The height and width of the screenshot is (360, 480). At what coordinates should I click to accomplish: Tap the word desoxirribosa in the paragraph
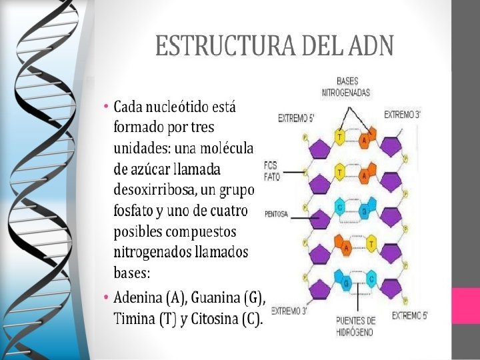point(154,190)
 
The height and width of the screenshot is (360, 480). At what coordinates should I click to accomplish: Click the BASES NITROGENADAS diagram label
point(346,87)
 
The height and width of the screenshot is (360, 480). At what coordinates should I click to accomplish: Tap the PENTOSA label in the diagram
point(276,214)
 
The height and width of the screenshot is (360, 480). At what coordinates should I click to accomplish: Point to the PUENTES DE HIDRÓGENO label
point(355,326)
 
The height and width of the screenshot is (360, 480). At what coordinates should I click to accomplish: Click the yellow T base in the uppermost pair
point(340,137)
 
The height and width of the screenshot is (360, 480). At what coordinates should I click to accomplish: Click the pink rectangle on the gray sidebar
point(465,306)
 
